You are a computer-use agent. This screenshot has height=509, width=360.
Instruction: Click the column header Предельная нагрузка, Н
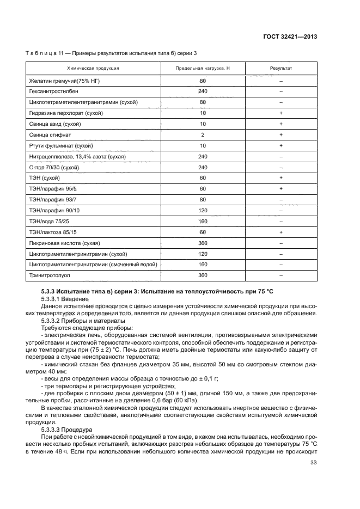(203, 69)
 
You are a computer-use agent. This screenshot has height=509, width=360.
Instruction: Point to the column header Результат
(281, 69)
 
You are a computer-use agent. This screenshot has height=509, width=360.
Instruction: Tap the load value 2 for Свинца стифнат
(203, 134)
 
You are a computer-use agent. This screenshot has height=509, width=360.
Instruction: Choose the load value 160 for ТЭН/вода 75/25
(203, 222)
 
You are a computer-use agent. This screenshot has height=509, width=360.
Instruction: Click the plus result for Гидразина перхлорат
(281, 113)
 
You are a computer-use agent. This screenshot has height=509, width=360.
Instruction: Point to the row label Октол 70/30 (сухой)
(57, 167)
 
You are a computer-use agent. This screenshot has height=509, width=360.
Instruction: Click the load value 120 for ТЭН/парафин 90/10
(203, 211)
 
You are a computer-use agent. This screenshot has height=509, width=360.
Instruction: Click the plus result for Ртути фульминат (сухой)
(281, 145)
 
